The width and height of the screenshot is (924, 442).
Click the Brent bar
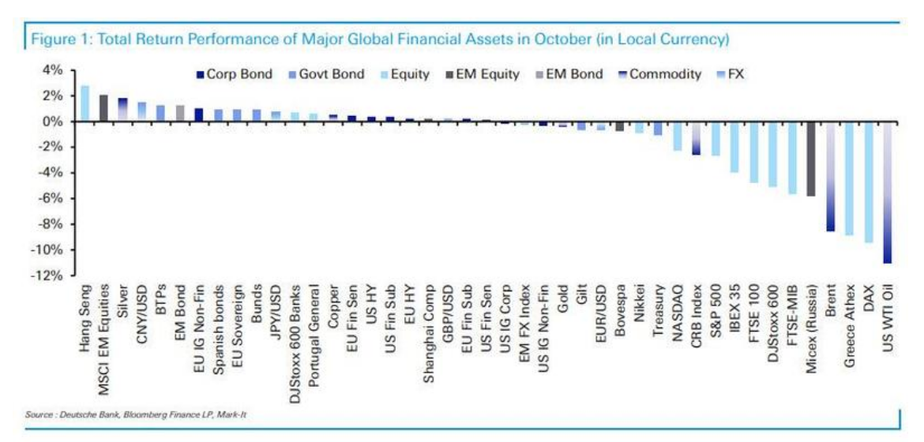(830, 176)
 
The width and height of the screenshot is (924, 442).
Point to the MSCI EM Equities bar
(103, 108)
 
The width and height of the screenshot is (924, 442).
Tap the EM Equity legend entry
(484, 74)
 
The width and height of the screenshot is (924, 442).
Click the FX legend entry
(734, 74)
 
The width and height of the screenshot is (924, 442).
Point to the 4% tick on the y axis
(51, 69)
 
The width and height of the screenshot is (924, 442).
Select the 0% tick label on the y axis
(51, 122)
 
